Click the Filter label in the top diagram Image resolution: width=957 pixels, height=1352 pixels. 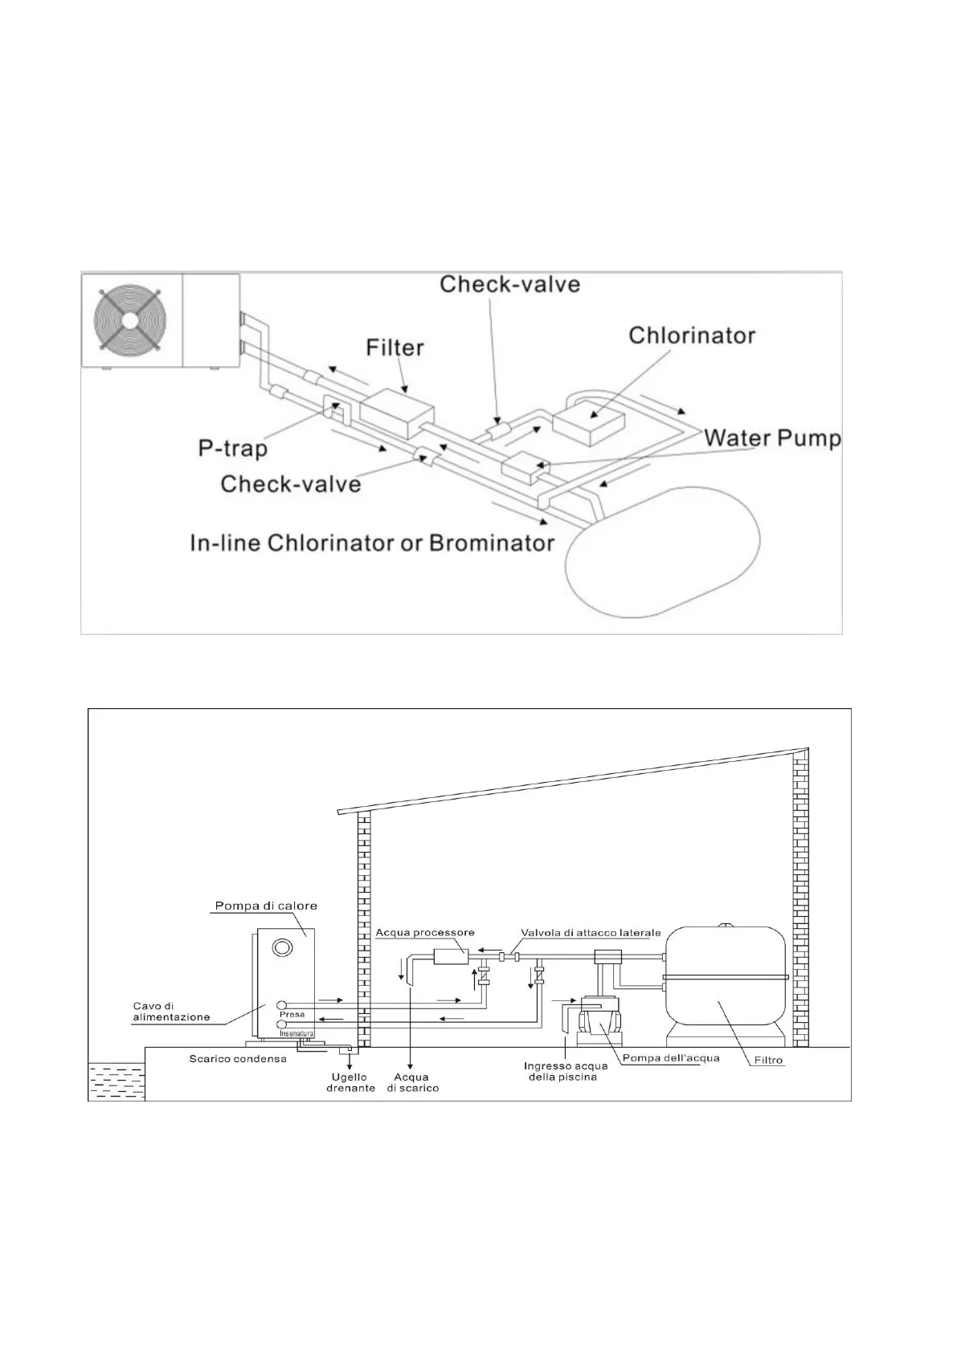click(395, 348)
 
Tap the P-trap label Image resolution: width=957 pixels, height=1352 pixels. click(232, 448)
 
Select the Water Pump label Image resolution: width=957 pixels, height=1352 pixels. click(772, 438)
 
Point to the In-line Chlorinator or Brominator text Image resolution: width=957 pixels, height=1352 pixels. click(372, 543)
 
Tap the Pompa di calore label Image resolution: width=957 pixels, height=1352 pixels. click(266, 906)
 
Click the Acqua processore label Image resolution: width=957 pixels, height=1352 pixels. click(425, 933)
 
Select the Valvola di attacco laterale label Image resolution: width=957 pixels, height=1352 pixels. click(591, 933)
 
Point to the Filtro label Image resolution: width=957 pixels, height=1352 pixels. click(768, 1060)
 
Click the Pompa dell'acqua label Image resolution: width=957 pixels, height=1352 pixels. click(671, 1057)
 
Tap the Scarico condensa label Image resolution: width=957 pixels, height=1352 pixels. click(238, 1058)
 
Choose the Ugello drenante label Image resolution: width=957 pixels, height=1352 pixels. click(350, 1082)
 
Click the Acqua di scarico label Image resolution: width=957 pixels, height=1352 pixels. click(411, 1082)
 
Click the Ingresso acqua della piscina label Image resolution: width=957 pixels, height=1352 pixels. click(565, 1071)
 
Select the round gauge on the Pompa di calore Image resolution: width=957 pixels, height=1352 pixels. click(282, 948)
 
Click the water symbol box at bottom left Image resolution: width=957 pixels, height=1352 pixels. click(116, 1080)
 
